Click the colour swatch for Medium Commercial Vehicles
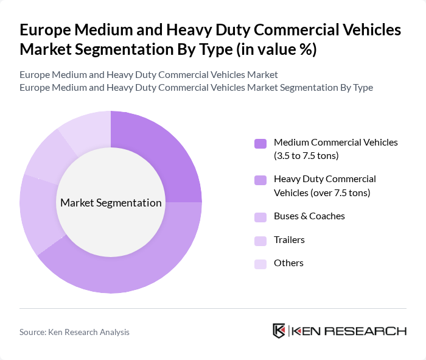pos(260,143)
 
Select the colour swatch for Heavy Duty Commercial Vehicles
pos(260,180)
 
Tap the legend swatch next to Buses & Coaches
pos(260,216)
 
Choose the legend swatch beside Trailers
pos(260,240)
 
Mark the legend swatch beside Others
pos(260,263)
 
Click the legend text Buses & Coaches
pos(309,216)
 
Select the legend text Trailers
pos(289,240)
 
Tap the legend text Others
pos(288,263)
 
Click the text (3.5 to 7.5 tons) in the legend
pos(306,156)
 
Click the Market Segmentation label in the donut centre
pos(111,203)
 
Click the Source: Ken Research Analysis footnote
pos(74,332)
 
